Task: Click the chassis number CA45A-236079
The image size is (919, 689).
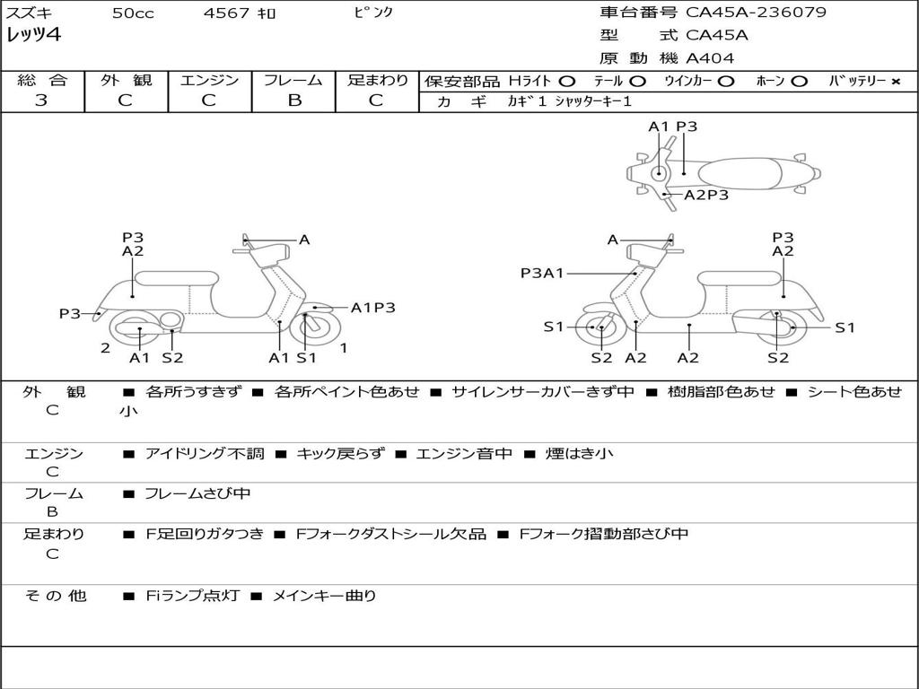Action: coord(756,12)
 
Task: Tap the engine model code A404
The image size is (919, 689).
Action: coord(710,58)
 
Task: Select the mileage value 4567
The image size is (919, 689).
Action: coord(226,13)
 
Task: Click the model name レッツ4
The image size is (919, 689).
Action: coord(33,34)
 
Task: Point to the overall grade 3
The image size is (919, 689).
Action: coord(41,100)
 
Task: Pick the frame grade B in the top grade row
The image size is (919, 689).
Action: coord(294,100)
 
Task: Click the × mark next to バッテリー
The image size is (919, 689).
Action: coord(895,82)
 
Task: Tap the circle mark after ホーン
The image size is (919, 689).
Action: coord(798,82)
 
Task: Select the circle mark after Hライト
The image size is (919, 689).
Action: coord(567,81)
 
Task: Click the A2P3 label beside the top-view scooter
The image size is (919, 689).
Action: coord(706,195)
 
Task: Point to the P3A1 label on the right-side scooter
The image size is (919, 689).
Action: coord(542,273)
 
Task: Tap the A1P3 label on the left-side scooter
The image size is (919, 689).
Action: coord(372,308)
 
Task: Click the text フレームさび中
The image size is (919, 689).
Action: coord(197,494)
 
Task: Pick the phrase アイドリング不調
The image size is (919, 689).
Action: coord(205,453)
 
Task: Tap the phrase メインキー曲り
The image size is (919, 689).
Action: coord(324,596)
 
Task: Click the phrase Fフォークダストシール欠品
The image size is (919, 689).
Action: coord(391,535)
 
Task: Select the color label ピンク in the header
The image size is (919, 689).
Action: coord(373,13)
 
